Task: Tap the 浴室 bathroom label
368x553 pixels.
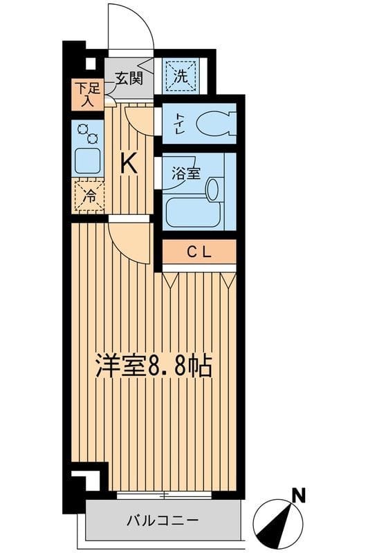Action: (x=186, y=173)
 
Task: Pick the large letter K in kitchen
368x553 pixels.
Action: (x=129, y=163)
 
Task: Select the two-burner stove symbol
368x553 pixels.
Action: (x=87, y=133)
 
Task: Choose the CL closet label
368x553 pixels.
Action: (x=200, y=253)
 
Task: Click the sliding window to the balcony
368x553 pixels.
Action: (x=163, y=495)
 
